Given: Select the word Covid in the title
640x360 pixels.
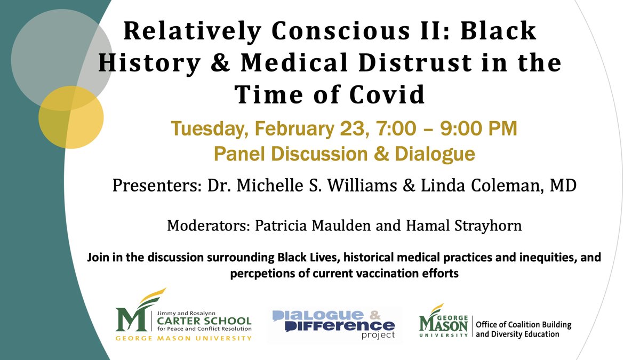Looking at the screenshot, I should click(x=384, y=95).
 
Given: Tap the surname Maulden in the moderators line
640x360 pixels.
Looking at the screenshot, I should click(x=347, y=225).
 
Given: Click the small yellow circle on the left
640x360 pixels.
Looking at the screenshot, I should click(x=71, y=117).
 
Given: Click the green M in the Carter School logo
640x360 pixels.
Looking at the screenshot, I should click(x=127, y=319).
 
